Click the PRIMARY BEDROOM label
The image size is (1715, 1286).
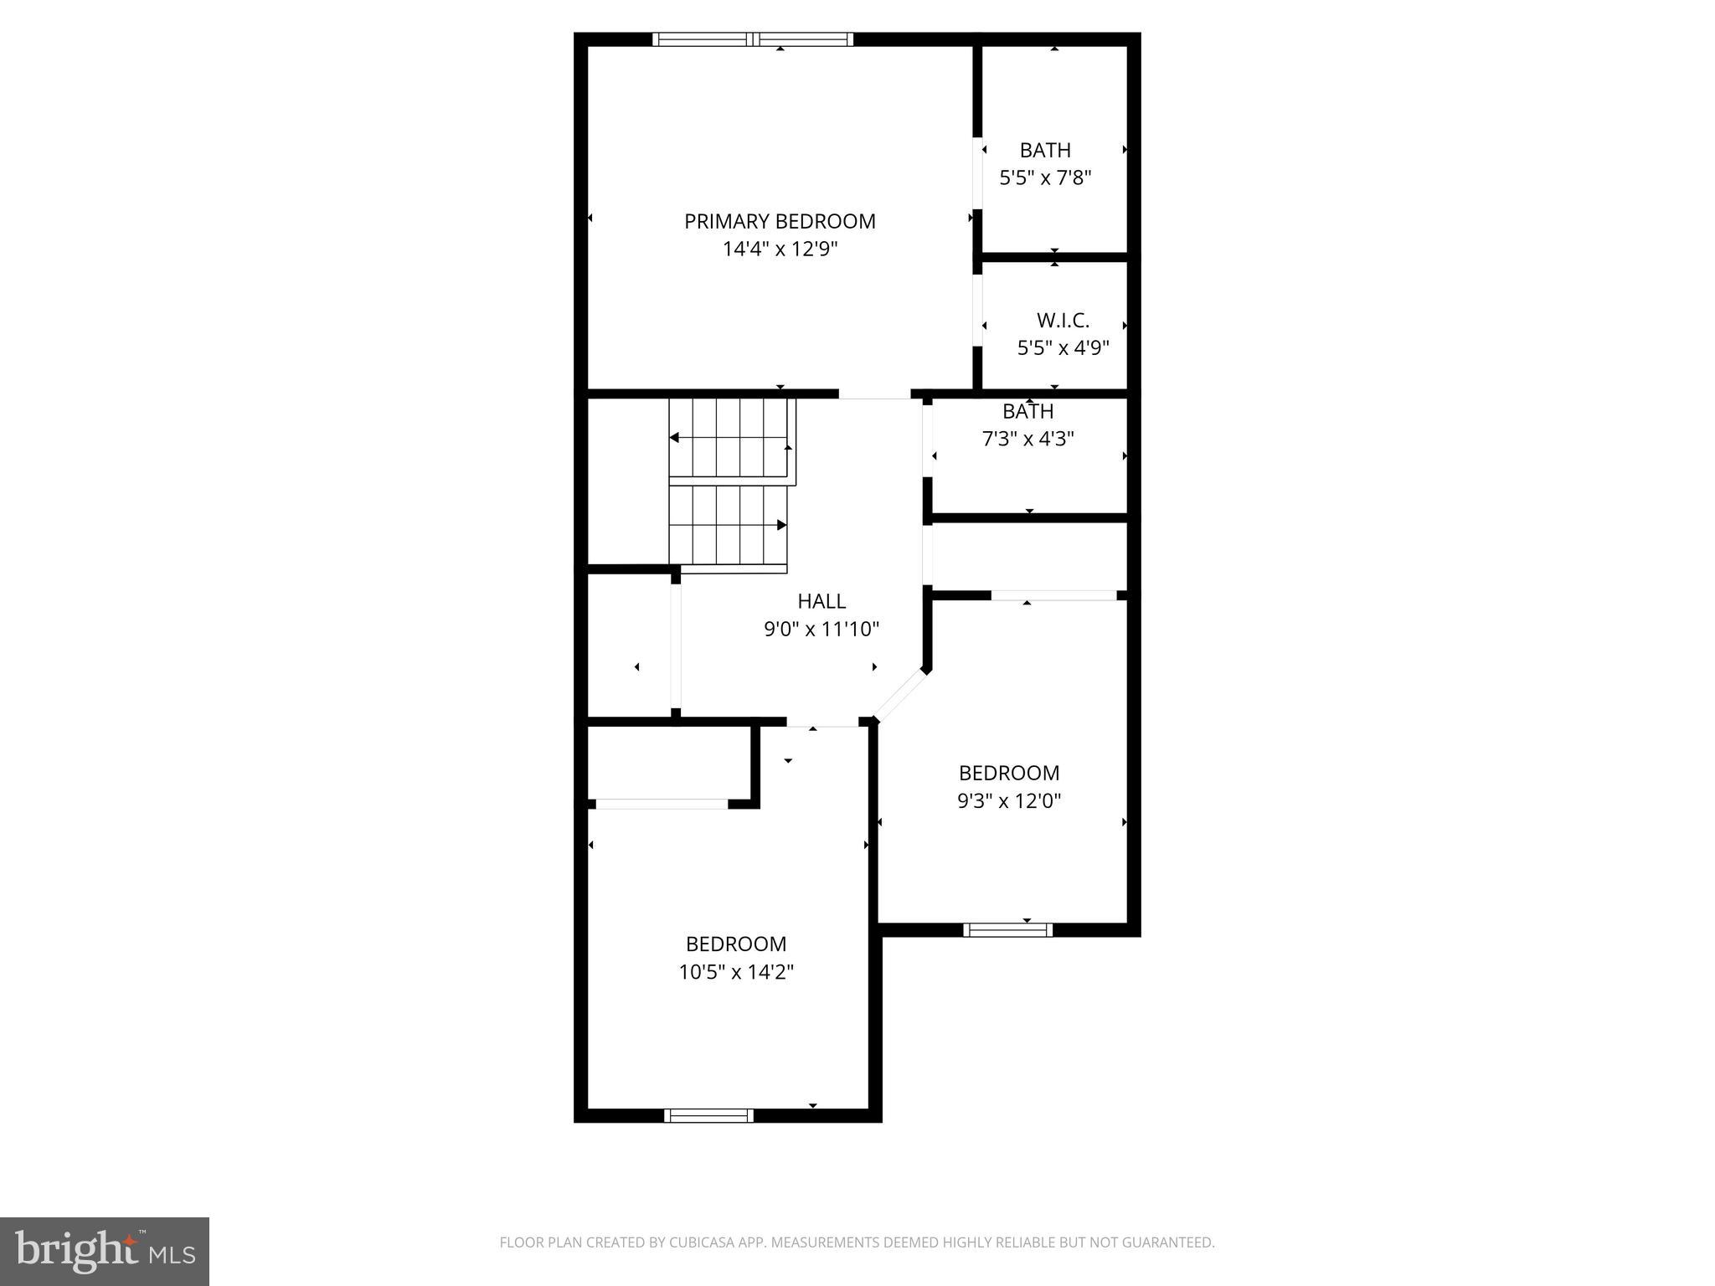780,221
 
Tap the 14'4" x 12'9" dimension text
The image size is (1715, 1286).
780,249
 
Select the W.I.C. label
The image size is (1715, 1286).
1063,320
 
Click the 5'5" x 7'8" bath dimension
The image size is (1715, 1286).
1045,177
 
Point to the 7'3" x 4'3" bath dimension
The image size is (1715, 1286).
1027,439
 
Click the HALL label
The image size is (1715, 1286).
821,601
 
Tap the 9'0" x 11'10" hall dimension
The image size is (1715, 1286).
821,629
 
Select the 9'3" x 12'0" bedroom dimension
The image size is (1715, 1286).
1008,800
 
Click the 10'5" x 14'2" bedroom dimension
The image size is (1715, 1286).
735,972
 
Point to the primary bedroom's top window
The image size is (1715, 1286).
752,39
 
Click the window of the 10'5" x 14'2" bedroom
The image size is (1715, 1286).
708,1115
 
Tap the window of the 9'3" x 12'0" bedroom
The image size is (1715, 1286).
1007,929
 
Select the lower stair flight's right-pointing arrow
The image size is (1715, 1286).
780,525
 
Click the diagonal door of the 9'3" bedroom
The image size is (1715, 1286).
899,695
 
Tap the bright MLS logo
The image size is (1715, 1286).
104,1251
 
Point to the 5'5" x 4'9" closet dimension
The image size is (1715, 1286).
1063,347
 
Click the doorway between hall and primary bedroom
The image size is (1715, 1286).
874,394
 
